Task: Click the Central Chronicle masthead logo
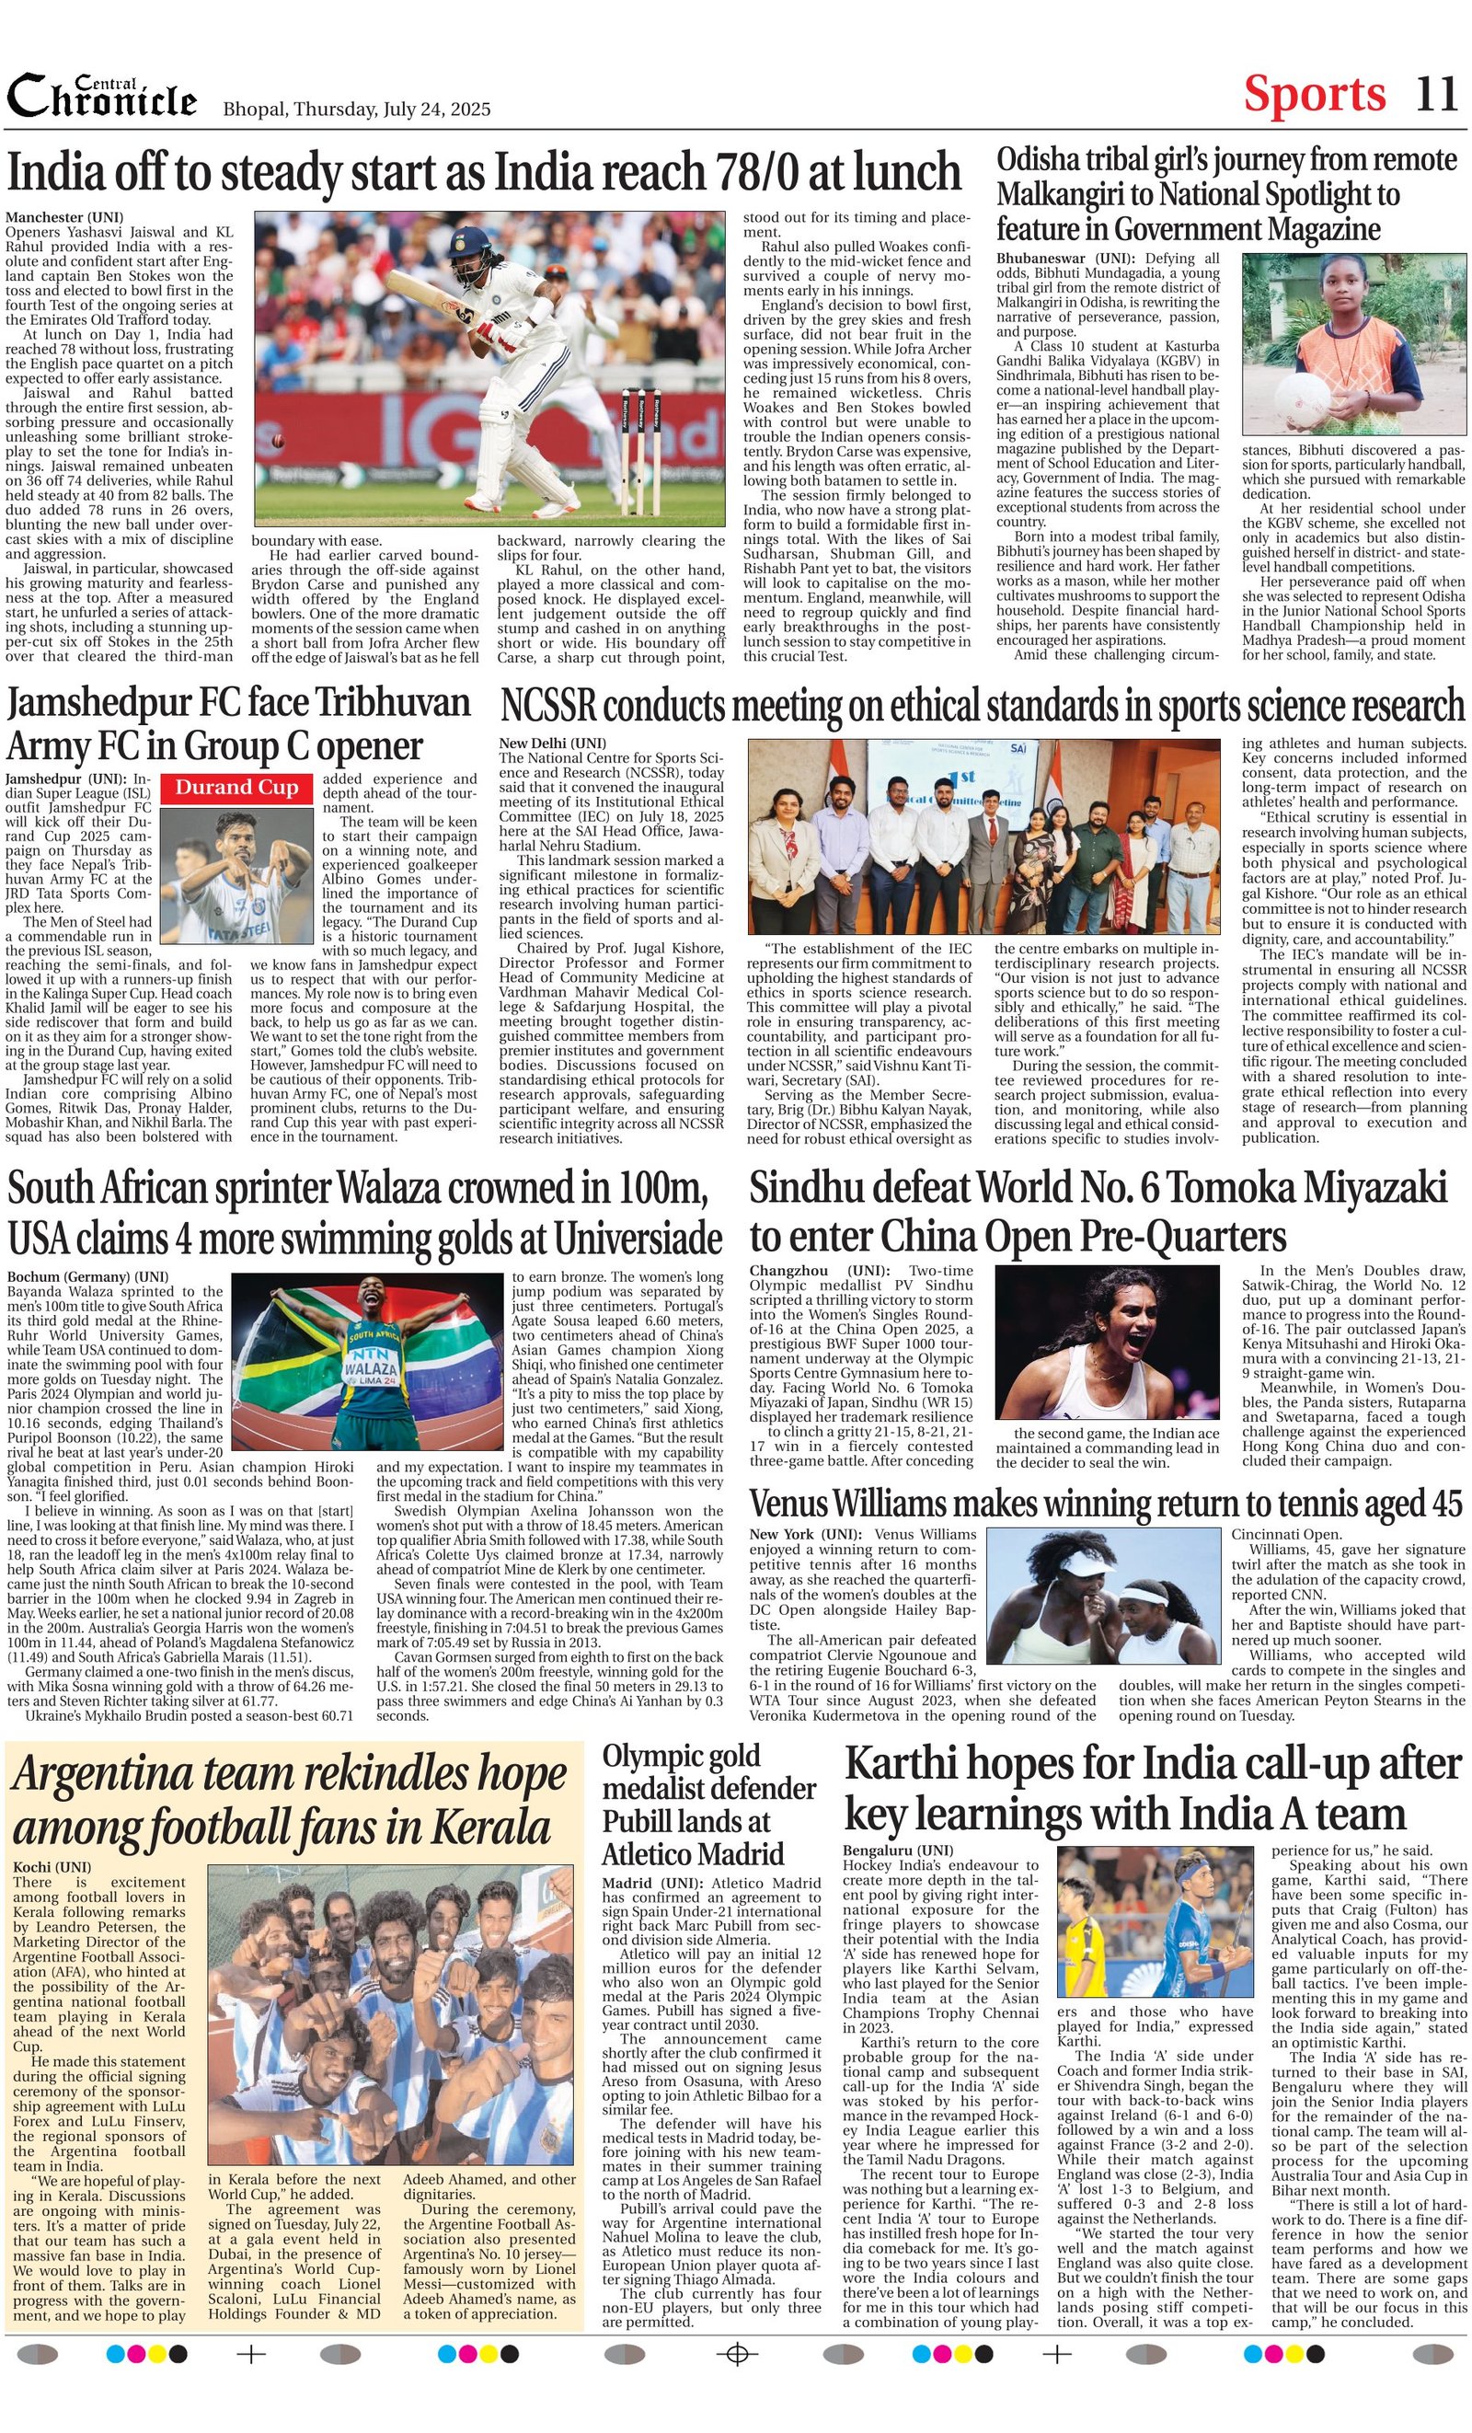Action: point(102,98)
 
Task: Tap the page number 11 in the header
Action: point(1435,95)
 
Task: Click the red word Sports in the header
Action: point(1314,95)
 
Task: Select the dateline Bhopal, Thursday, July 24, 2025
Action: point(356,110)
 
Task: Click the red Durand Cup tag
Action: point(237,788)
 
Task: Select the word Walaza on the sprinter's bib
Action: point(371,1371)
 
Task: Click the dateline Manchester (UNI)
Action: point(63,216)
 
